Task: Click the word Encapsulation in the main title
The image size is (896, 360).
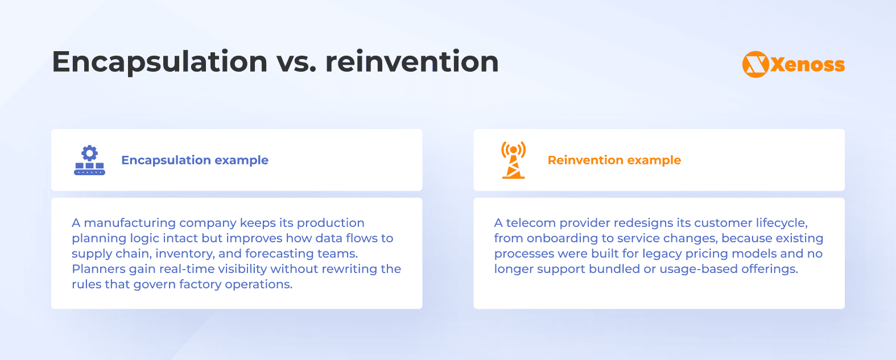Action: [160, 61]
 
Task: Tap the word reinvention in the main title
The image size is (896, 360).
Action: [412, 61]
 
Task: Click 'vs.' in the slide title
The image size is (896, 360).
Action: [296, 61]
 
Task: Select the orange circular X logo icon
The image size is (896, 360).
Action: [755, 64]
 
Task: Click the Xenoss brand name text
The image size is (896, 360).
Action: [808, 65]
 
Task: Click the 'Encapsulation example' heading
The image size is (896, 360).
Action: [195, 160]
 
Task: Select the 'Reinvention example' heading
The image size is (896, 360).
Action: [614, 160]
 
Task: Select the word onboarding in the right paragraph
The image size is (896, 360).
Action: [562, 238]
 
